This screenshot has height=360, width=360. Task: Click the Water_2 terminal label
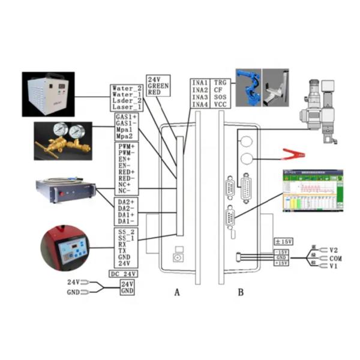[127, 89]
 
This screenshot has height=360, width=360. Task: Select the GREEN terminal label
[158, 86]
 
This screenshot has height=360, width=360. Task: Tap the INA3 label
[200, 97]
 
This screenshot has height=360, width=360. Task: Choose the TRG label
[221, 82]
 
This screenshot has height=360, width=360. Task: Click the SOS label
[220, 97]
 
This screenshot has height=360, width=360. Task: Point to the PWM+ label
[126, 147]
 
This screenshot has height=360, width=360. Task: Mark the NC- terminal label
[124, 191]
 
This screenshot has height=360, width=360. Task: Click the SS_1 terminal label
[125, 239]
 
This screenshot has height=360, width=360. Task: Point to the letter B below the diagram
[241, 293]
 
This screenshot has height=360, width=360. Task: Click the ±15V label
[283, 242]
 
